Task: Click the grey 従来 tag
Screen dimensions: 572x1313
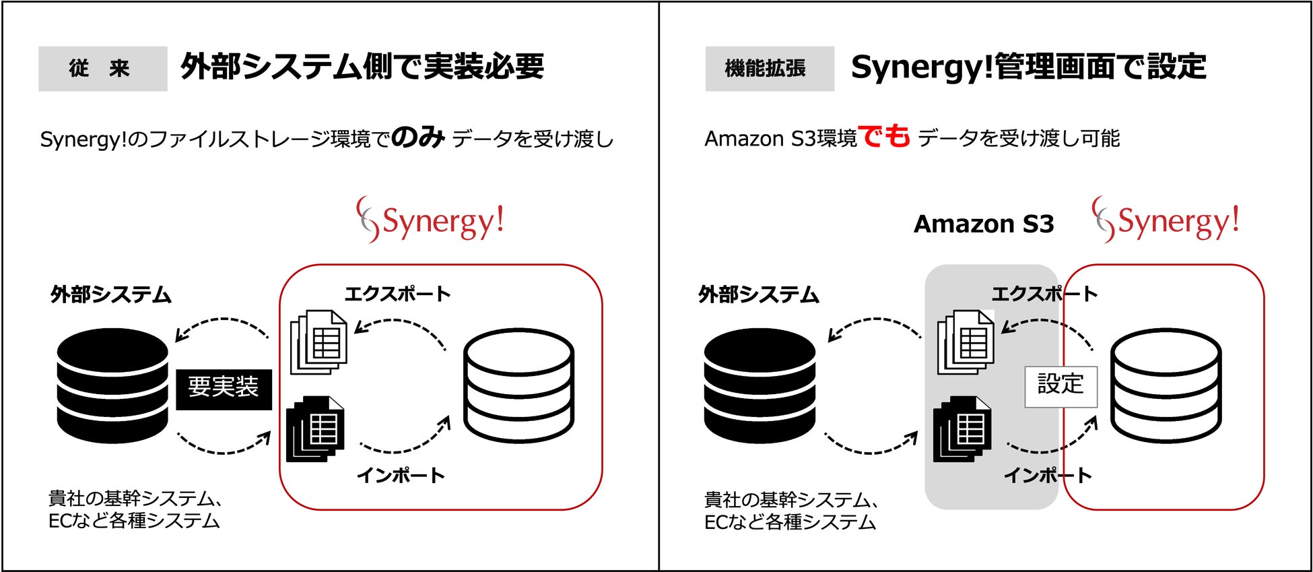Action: pyautogui.click(x=102, y=69)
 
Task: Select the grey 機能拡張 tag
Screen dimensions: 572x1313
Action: pyautogui.click(x=769, y=69)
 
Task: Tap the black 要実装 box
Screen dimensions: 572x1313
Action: pyautogui.click(x=224, y=389)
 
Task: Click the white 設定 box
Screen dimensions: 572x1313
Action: pyautogui.click(x=1060, y=386)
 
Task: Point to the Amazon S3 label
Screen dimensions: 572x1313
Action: pyautogui.click(x=983, y=224)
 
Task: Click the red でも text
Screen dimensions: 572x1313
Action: pyautogui.click(x=884, y=137)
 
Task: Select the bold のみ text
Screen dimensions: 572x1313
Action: pyautogui.click(x=418, y=137)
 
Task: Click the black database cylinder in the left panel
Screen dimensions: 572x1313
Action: pyautogui.click(x=112, y=385)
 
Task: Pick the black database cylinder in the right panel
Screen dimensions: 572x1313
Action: pyautogui.click(x=760, y=385)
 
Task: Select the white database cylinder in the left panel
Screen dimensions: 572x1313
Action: pyautogui.click(x=518, y=385)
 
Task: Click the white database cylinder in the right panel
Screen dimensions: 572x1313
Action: pyautogui.click(x=1166, y=385)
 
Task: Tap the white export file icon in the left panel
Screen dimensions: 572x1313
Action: pyautogui.click(x=318, y=342)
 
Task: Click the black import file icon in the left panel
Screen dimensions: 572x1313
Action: pyautogui.click(x=315, y=428)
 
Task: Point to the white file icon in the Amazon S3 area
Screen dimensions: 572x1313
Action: pyautogui.click(x=966, y=342)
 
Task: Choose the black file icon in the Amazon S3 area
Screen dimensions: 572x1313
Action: pyautogui.click(x=962, y=428)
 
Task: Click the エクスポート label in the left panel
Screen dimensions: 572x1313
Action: pyautogui.click(x=397, y=294)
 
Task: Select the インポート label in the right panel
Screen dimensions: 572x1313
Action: pyautogui.click(x=1047, y=476)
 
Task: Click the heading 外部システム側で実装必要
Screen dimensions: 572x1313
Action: pyautogui.click(x=362, y=67)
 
